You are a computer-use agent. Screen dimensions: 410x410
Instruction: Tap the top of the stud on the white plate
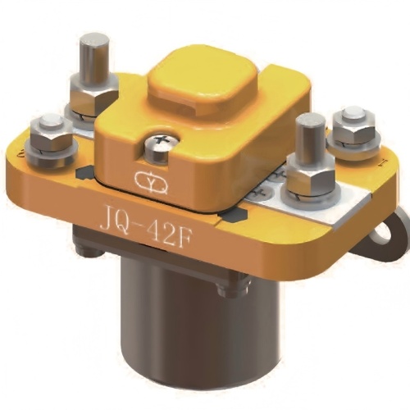point(308,121)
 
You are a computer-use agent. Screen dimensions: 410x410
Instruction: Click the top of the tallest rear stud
point(96,39)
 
